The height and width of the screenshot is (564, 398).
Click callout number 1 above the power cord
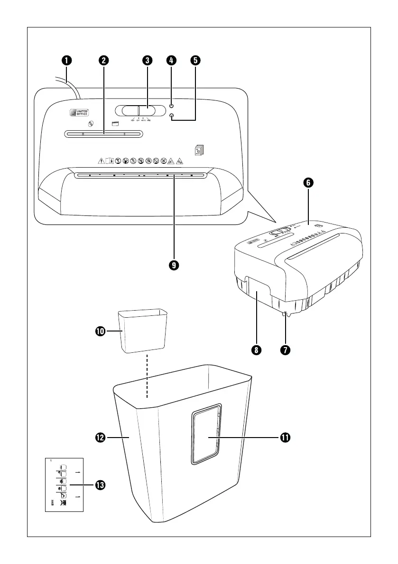(66, 60)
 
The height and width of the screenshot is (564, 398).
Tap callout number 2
(104, 60)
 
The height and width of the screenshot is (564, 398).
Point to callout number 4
(171, 60)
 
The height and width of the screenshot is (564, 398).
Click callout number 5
(195, 60)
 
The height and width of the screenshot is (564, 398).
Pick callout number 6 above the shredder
(308, 183)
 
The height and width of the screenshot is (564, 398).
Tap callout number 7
(285, 350)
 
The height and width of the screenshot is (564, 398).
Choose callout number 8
(256, 350)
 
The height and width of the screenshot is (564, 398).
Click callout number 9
(175, 266)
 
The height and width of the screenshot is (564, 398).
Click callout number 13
(100, 485)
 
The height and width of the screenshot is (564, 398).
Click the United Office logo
(79, 113)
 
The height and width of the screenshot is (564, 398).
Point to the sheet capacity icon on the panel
(199, 150)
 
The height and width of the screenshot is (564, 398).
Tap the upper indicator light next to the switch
(172, 107)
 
